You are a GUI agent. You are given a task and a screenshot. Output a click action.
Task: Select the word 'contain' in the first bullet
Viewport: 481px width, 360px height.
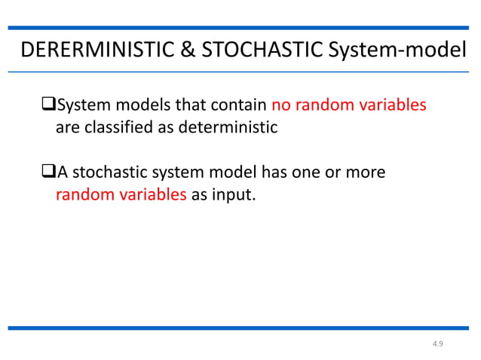point(242,105)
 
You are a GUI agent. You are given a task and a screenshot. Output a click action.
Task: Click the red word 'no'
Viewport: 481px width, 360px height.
point(281,105)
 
